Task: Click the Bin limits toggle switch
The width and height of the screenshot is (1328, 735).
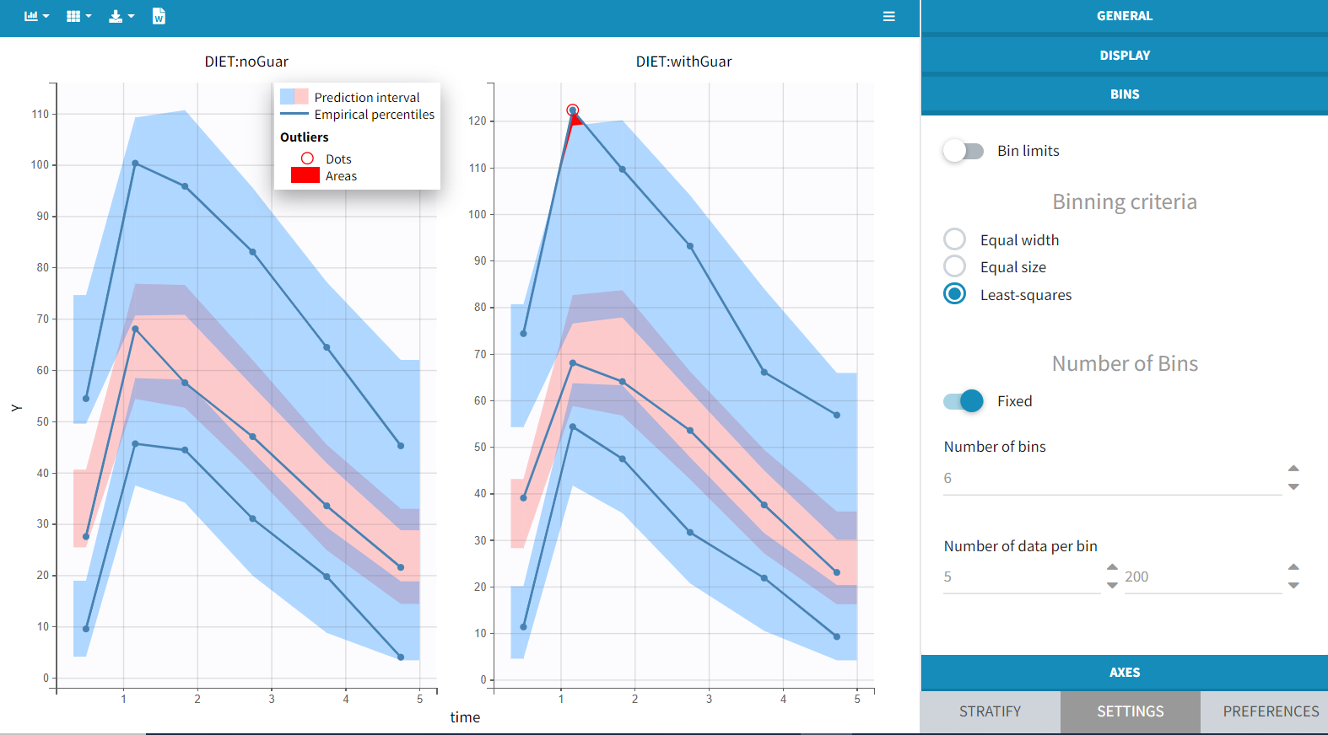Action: (x=963, y=151)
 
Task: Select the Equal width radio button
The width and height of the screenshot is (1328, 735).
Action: (x=954, y=239)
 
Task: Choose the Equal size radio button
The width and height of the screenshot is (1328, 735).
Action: (x=954, y=266)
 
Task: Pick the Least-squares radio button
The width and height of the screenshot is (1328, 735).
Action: (x=954, y=294)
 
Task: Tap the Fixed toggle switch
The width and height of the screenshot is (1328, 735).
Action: (x=964, y=401)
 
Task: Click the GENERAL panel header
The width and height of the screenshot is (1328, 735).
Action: (x=1124, y=16)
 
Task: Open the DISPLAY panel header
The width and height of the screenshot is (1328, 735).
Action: (x=1124, y=56)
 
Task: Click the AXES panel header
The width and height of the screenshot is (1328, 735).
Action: (x=1124, y=673)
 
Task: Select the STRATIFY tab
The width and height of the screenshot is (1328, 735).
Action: (x=990, y=711)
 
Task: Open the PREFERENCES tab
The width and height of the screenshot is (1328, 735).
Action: (x=1270, y=711)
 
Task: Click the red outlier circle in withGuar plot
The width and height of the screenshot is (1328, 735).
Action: (x=572, y=110)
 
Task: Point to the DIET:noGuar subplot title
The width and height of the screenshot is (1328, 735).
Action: (x=246, y=62)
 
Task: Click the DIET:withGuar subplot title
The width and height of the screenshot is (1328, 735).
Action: (x=683, y=62)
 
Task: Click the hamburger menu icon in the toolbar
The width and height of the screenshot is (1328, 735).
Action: (x=888, y=16)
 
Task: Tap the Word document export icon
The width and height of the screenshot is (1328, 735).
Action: (x=159, y=16)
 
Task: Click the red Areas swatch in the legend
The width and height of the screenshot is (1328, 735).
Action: (x=305, y=175)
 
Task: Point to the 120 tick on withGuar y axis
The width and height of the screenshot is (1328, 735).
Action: (x=478, y=121)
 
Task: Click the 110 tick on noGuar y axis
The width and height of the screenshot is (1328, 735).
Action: (x=40, y=114)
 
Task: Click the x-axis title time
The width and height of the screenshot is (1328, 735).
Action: (x=465, y=717)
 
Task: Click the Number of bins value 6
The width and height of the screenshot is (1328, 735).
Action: (x=947, y=479)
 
